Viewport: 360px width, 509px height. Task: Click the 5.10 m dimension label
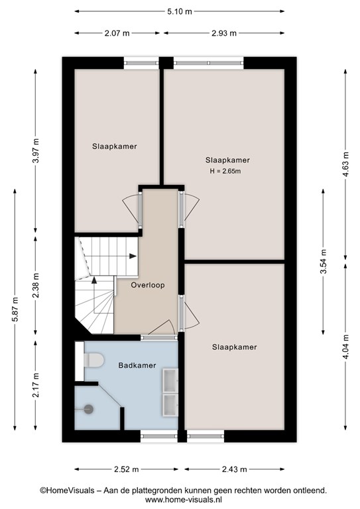[x=180, y=12]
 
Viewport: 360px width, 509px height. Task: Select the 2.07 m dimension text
[x=117, y=33]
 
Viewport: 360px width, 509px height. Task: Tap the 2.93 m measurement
[x=224, y=33]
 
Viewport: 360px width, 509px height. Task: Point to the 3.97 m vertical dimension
[x=36, y=151]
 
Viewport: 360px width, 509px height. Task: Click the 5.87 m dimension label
[x=15, y=309]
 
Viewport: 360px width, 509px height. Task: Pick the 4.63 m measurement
[x=346, y=164]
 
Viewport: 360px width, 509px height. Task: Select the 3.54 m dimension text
[x=324, y=261]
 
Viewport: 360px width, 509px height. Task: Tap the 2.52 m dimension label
[x=126, y=469]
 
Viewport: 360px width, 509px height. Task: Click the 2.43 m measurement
[x=235, y=469]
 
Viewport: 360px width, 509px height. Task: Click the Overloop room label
[x=148, y=285]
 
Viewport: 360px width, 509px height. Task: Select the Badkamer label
[x=137, y=365]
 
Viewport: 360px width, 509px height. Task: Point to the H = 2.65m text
[x=225, y=171]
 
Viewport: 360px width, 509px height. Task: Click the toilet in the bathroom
[x=94, y=361]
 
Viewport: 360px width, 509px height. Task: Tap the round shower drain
[x=89, y=410]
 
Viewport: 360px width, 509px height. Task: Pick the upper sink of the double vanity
[x=170, y=380]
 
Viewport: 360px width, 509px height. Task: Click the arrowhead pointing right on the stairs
[x=133, y=256]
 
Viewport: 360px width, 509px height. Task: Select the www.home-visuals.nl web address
[x=184, y=500]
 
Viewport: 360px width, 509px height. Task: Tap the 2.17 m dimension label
[x=36, y=385]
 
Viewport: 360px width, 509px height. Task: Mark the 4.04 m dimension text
[x=346, y=347]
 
